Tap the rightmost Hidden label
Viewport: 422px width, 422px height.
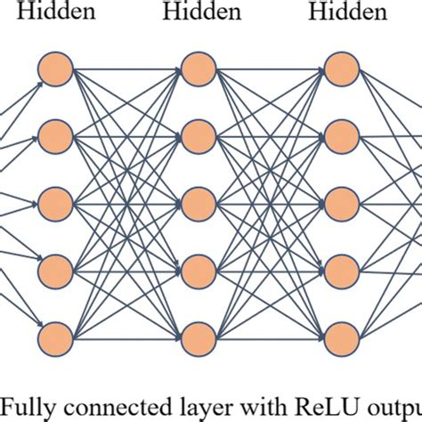pos(346,12)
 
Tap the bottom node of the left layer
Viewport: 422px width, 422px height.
pos(54,337)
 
